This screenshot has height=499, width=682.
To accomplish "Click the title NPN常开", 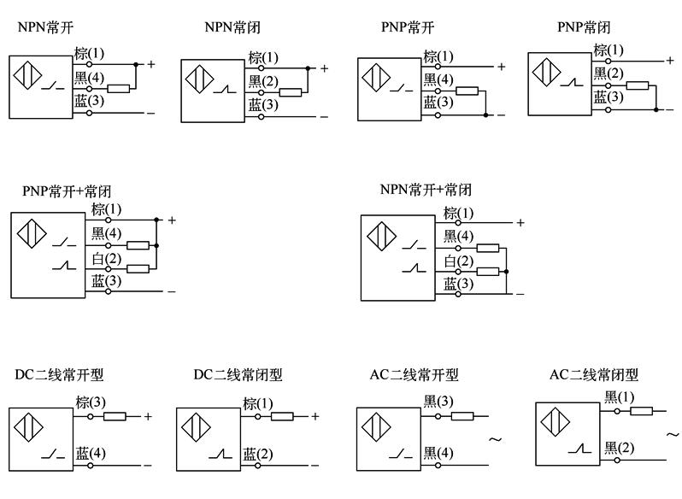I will coord(45,27).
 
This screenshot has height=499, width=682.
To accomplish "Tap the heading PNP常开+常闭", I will coord(67,191).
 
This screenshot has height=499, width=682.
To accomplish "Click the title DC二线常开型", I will coord(59,375).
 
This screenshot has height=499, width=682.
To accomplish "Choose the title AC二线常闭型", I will coord(594,375).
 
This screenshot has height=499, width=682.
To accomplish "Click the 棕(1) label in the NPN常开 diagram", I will coord(90,54).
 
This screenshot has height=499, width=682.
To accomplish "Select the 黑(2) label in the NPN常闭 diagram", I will coord(263,82).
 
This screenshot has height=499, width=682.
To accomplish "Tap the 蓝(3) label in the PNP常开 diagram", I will coord(439,101).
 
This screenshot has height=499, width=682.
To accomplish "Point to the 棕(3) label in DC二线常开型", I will coord(90,402).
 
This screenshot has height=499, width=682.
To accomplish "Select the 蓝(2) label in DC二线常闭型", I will coord(257,453).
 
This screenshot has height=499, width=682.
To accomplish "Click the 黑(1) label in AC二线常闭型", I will coord(620,396).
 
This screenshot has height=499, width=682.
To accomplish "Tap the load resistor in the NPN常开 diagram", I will coord(119,88).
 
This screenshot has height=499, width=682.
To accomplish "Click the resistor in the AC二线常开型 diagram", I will coord(462,417).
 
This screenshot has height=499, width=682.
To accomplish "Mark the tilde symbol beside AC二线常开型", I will coord(495,440).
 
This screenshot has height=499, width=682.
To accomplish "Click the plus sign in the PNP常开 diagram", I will coord(501,66).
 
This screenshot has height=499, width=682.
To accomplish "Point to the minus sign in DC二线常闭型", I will coord(315,466).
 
